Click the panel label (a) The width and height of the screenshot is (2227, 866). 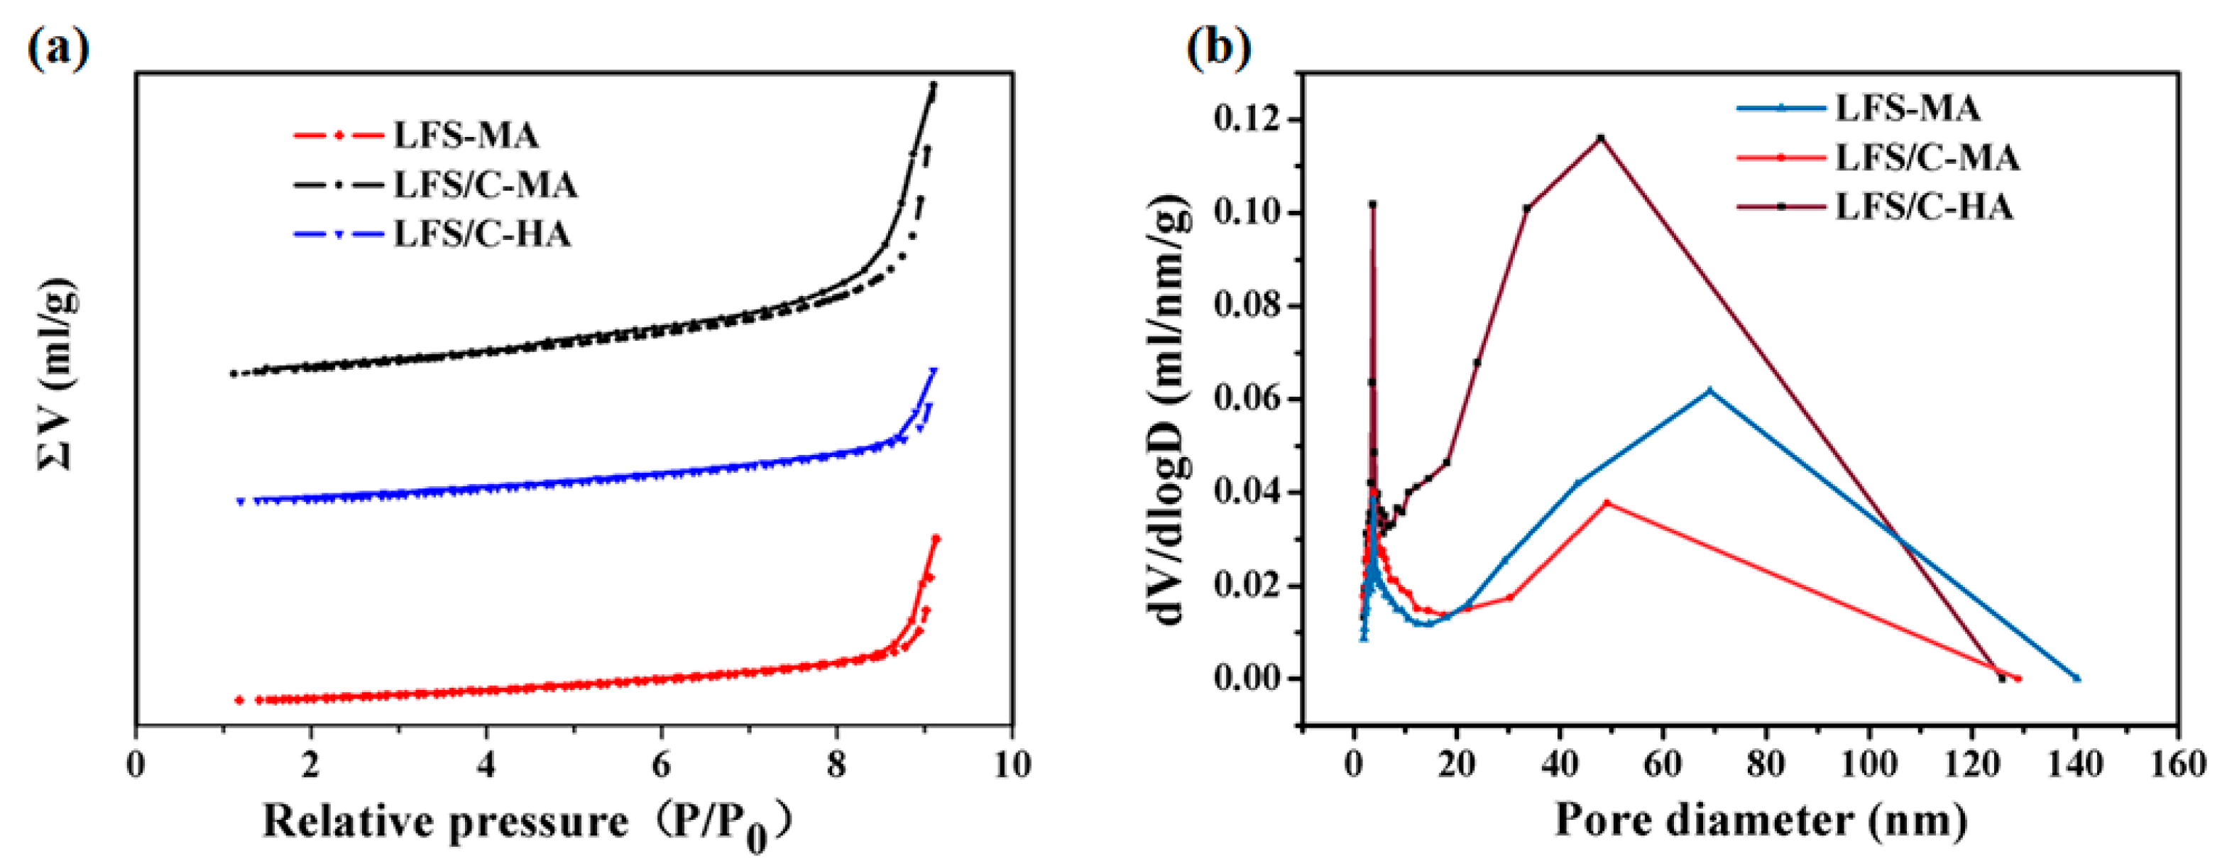(x=59, y=49)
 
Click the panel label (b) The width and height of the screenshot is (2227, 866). (x=1219, y=49)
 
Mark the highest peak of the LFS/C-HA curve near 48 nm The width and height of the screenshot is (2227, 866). (x=1601, y=138)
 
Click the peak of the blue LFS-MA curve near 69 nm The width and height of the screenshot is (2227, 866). (x=1709, y=390)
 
